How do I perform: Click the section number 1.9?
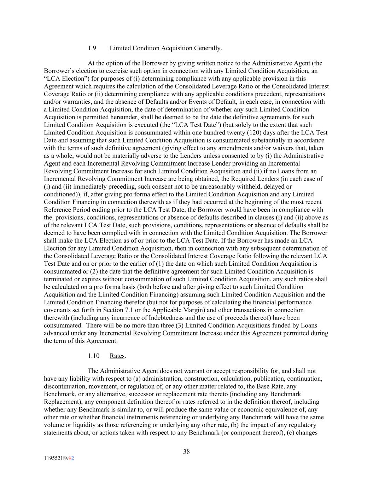(x=92, y=48)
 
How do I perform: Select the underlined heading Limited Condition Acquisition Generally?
(x=165, y=48)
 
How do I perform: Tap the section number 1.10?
(x=93, y=356)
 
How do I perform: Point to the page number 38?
(x=186, y=452)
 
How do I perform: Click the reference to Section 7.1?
(x=131, y=310)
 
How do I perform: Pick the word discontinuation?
(x=64, y=386)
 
